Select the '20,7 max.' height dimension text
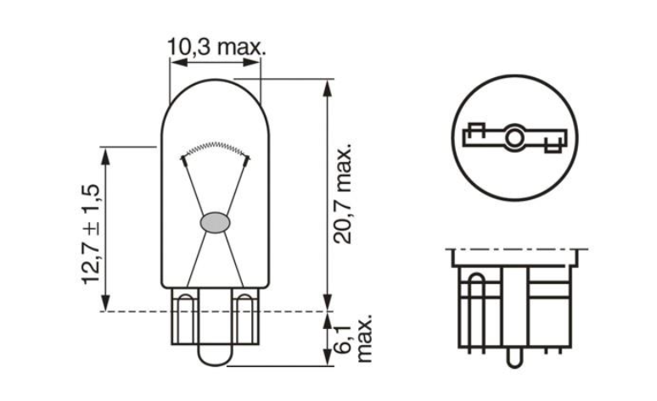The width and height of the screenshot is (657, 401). [342, 193]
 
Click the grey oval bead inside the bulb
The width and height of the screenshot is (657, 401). [214, 223]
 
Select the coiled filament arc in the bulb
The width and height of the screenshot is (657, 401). [216, 147]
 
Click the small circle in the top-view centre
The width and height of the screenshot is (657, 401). [514, 138]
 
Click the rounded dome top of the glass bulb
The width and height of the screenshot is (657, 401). [216, 86]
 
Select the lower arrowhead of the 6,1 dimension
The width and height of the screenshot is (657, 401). [326, 360]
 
